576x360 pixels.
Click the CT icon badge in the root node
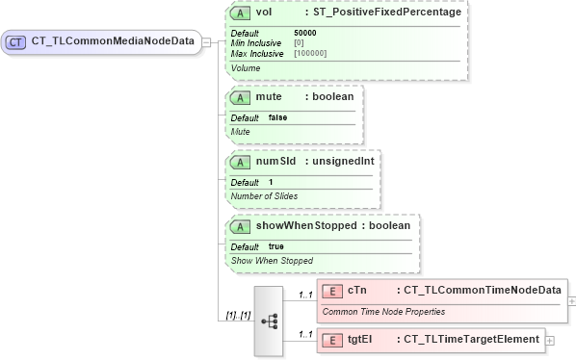coord(17,42)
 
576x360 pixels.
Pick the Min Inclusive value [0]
coord(299,43)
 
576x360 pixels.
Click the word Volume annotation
coord(246,68)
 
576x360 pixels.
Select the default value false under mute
coord(277,117)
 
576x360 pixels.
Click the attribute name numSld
coord(275,161)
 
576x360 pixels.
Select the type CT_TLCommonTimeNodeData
coord(483,290)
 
